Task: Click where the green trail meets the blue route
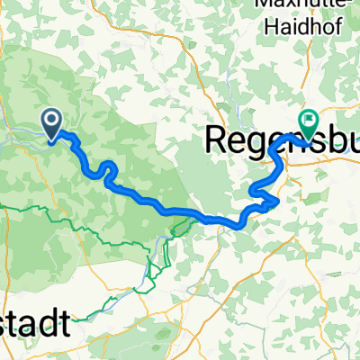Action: click(191, 213)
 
